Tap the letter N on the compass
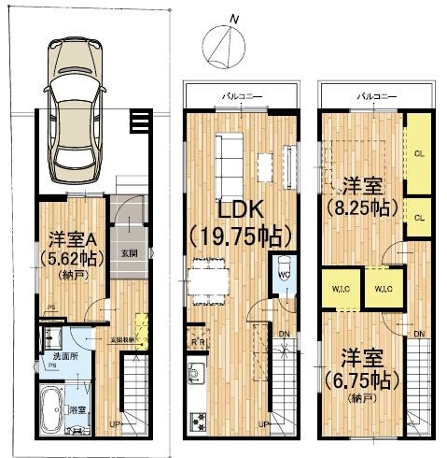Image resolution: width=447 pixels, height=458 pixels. (235, 19)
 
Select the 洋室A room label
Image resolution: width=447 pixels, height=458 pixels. (70, 238)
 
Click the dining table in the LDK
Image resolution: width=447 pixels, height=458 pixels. (207, 276)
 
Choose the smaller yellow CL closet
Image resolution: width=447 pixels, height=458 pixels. (419, 217)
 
